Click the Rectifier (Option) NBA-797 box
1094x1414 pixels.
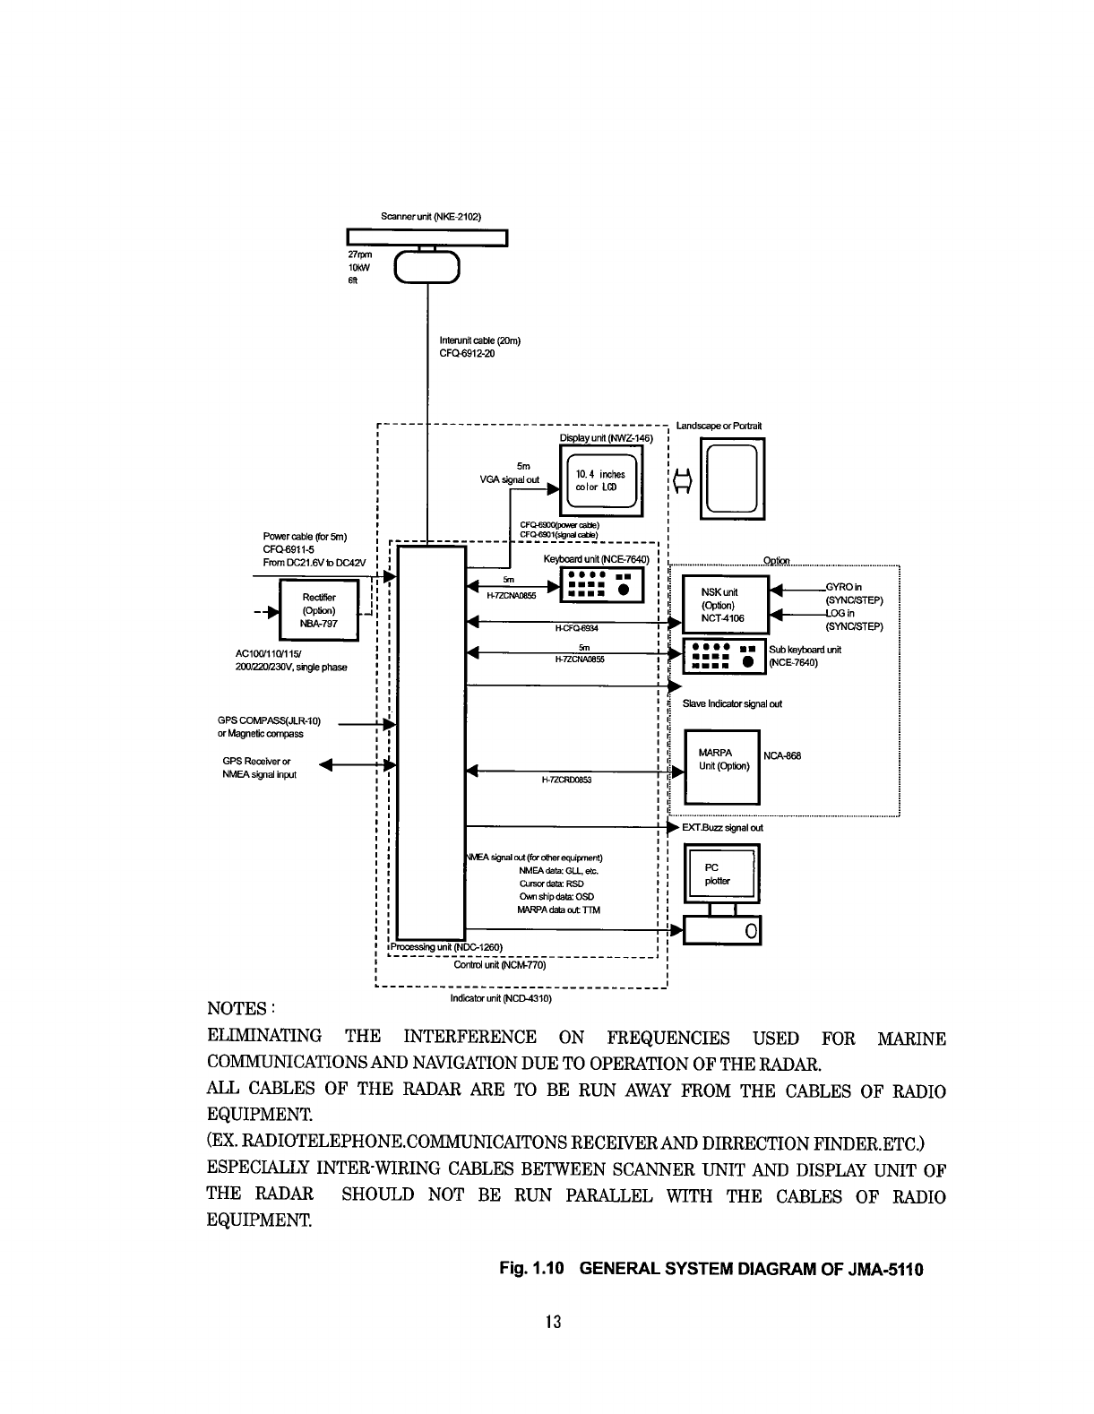tap(319, 610)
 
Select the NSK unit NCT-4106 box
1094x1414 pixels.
tap(725, 605)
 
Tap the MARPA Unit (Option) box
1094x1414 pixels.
tap(722, 767)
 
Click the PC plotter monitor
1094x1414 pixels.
tap(721, 874)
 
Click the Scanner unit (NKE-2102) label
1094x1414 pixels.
tap(431, 217)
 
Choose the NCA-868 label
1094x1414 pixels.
tap(782, 755)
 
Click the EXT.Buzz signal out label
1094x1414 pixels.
tap(722, 828)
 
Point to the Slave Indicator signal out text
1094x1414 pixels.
tap(732, 703)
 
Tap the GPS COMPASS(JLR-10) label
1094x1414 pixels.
tap(269, 721)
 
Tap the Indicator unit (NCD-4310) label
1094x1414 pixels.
tap(501, 997)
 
